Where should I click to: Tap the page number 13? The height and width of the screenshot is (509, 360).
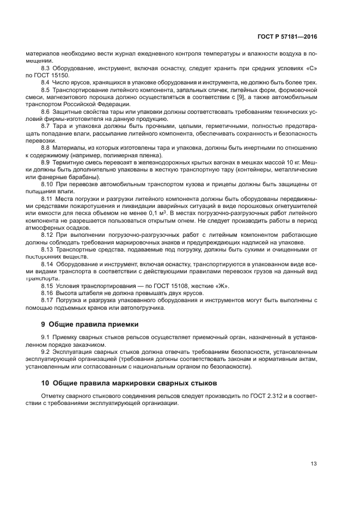tap(313, 464)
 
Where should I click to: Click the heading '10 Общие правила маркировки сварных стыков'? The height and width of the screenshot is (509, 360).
tap(129, 383)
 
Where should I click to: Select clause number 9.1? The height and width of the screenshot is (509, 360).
tap(46, 338)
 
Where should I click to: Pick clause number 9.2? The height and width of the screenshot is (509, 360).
tap(46, 352)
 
